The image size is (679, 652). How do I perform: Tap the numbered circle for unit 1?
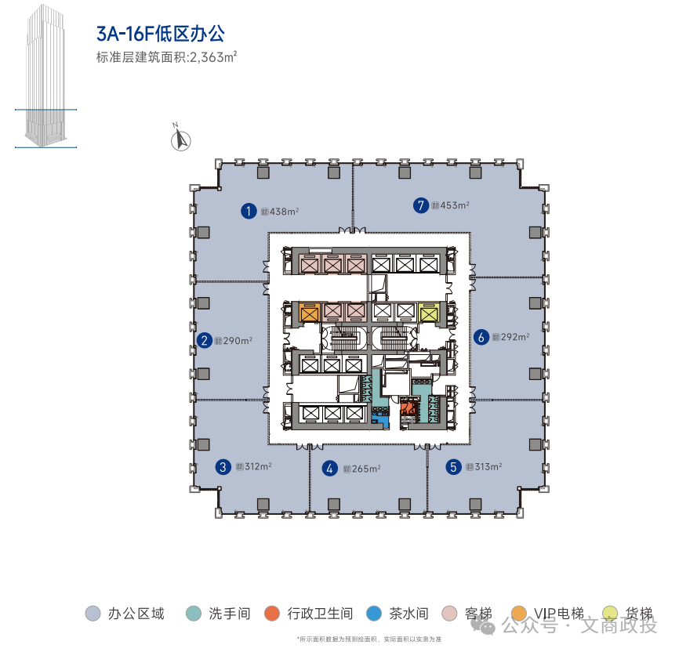coord(249,210)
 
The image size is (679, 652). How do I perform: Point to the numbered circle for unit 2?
coord(205,341)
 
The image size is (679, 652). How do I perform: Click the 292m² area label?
coord(514,338)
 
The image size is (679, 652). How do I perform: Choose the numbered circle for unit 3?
coord(223,467)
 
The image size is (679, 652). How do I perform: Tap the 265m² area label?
coord(365,469)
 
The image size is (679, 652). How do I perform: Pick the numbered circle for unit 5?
coord(453,467)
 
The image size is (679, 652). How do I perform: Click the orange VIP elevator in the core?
coord(308,313)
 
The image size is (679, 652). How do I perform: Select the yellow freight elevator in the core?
coord(427,313)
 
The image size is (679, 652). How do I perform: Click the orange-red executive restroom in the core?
coord(408,407)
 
